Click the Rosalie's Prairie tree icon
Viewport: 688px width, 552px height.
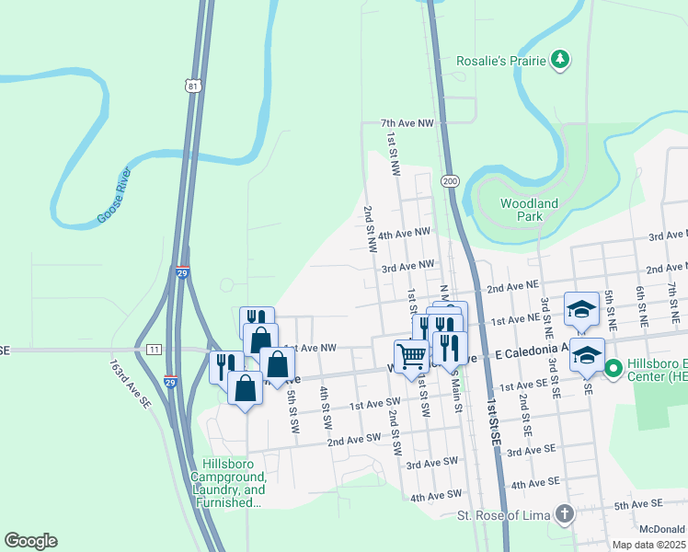click(x=559, y=61)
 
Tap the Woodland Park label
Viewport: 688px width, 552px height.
click(x=529, y=210)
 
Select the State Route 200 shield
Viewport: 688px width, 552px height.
click(x=450, y=180)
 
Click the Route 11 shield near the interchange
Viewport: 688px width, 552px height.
click(x=153, y=350)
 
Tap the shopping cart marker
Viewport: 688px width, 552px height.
click(x=410, y=353)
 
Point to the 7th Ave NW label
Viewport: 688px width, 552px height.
click(x=407, y=122)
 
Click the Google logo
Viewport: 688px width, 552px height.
click(x=30, y=541)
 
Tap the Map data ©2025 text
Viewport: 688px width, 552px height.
click(x=649, y=545)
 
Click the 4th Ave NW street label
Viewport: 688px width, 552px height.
click(x=404, y=234)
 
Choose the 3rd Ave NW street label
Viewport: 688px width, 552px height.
click(x=407, y=266)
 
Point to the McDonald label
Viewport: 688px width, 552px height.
click(x=663, y=528)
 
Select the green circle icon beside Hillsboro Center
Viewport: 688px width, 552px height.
click(x=613, y=365)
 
